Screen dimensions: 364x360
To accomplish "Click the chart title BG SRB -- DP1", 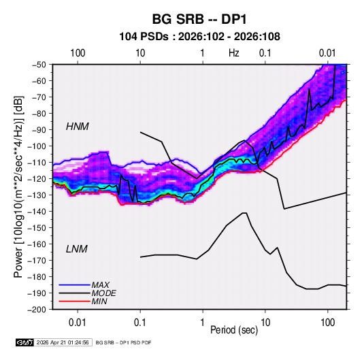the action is pos(199,19).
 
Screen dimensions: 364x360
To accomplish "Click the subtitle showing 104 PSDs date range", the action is pos(199,37).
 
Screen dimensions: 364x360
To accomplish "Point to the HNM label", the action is pos(78,127).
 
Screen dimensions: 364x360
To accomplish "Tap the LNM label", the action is pos(77,249).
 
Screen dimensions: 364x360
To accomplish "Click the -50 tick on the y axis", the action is pos(39,65).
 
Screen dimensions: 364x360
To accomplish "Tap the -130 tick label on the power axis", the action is pos(37,195).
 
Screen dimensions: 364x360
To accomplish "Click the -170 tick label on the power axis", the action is pos(37,261).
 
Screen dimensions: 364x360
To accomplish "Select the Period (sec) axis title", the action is pos(234,330).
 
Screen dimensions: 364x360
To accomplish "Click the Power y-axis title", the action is pos(18,187).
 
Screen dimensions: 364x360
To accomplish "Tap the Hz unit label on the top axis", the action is pos(234,53).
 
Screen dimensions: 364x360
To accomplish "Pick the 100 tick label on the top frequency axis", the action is pos(78,53).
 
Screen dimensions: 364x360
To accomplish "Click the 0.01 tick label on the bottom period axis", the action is pos(78,323).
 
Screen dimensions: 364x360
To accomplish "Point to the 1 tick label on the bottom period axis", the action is pos(203,323).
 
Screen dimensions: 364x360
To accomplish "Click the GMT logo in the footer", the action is pos(24,342).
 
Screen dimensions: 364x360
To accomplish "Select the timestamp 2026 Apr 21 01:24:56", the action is pos(63,342).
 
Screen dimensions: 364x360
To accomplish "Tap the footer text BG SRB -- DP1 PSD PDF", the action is pos(124,342).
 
